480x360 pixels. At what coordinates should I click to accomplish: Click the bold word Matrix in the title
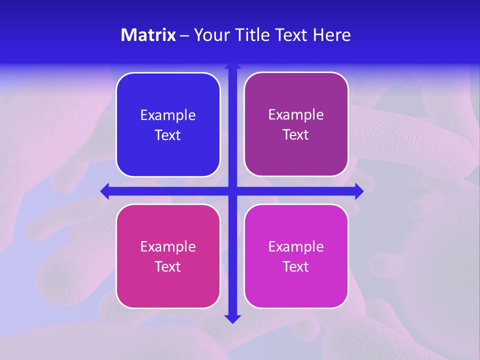tap(148, 35)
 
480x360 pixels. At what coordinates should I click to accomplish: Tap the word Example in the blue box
tap(168, 115)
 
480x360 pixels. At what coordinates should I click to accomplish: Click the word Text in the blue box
tap(168, 135)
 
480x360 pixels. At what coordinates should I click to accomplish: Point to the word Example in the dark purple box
tap(296, 115)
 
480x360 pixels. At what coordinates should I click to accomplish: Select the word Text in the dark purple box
tap(296, 135)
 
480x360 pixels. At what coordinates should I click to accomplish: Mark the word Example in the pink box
tap(168, 246)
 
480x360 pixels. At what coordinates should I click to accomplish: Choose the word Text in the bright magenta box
tap(296, 266)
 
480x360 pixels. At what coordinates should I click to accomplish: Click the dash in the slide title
tap(184, 35)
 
